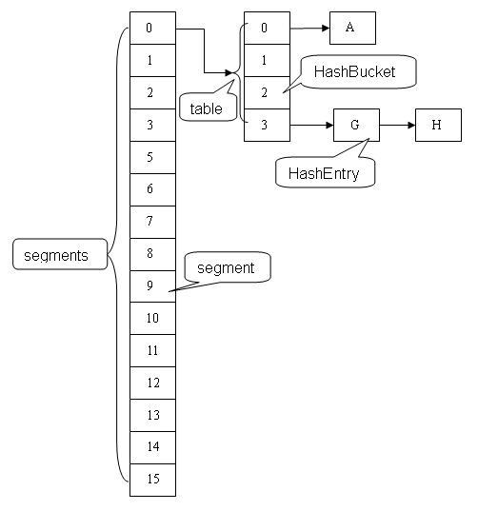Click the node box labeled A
click(352, 29)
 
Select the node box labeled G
click(356, 125)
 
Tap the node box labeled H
click(438, 125)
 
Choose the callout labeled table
click(206, 108)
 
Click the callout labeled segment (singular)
click(226, 267)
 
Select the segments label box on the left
click(55, 255)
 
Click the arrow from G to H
click(397, 125)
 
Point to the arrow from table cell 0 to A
click(309, 29)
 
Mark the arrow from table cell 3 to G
click(311, 125)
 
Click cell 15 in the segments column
click(152, 479)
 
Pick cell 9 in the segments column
click(152, 285)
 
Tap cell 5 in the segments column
click(152, 157)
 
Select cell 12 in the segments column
click(152, 383)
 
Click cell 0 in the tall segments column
click(152, 29)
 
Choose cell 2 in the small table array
click(267, 92)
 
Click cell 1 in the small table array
click(267, 60)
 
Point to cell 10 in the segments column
click(152, 318)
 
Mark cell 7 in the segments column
click(152, 222)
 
